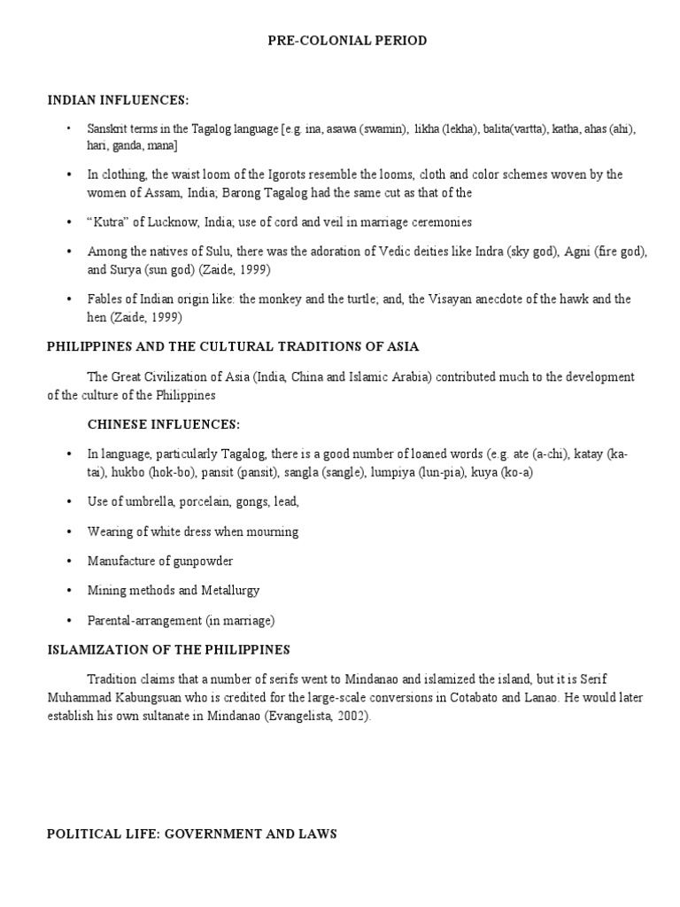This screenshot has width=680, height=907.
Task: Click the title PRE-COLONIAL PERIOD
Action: pyautogui.click(x=339, y=41)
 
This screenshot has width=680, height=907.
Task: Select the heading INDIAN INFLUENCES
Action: pyautogui.click(x=118, y=99)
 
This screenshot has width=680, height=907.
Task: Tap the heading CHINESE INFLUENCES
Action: pyautogui.click(x=164, y=424)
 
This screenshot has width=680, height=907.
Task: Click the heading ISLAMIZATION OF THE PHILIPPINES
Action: pyautogui.click(x=168, y=649)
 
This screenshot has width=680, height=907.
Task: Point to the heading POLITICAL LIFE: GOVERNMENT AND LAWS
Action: pyautogui.click(x=191, y=834)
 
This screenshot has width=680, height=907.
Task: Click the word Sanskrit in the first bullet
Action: pyautogui.click(x=106, y=129)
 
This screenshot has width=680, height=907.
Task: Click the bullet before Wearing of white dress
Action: pyautogui.click(x=68, y=532)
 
